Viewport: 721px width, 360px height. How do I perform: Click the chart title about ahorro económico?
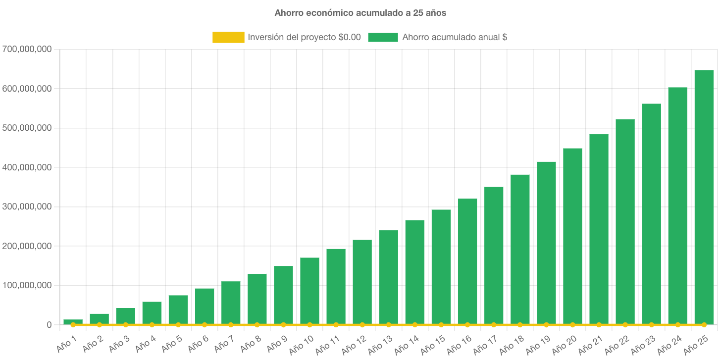pos(360,13)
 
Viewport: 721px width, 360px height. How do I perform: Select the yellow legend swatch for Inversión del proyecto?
pos(228,37)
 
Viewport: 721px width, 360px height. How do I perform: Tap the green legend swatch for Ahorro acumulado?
pos(383,37)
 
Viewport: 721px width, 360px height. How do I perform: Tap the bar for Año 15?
pos(441,267)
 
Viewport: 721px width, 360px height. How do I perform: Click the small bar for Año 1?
pos(73,322)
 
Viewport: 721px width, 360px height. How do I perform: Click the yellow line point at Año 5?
pos(178,325)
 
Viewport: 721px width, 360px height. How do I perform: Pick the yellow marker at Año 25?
pos(704,325)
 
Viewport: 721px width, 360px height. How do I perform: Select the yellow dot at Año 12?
pos(362,325)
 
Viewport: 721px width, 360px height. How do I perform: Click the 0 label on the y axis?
pos(49,325)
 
